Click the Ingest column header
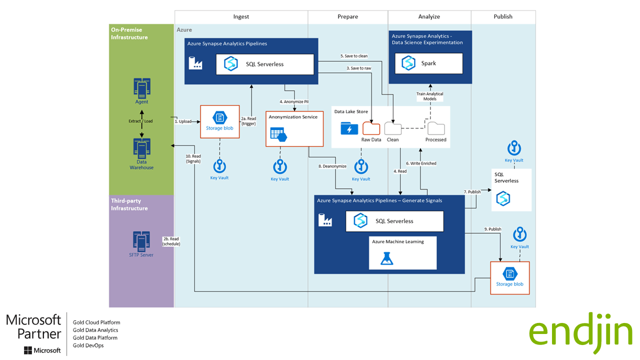click(x=241, y=16)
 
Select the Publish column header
click(x=503, y=16)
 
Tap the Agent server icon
click(x=142, y=88)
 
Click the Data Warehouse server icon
click(x=142, y=148)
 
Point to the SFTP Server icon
click(x=141, y=241)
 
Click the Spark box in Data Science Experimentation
click(x=429, y=63)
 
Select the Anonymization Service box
click(x=294, y=128)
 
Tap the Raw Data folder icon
click(x=371, y=128)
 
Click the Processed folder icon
click(x=436, y=128)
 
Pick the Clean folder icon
click(x=393, y=128)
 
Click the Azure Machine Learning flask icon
click(x=386, y=258)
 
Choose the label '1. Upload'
click(x=183, y=121)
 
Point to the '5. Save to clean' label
click(x=354, y=56)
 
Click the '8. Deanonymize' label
click(x=332, y=166)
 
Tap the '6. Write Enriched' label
click(x=421, y=163)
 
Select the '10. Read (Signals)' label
click(x=193, y=158)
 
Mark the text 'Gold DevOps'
click(x=88, y=345)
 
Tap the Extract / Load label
click(x=141, y=121)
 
